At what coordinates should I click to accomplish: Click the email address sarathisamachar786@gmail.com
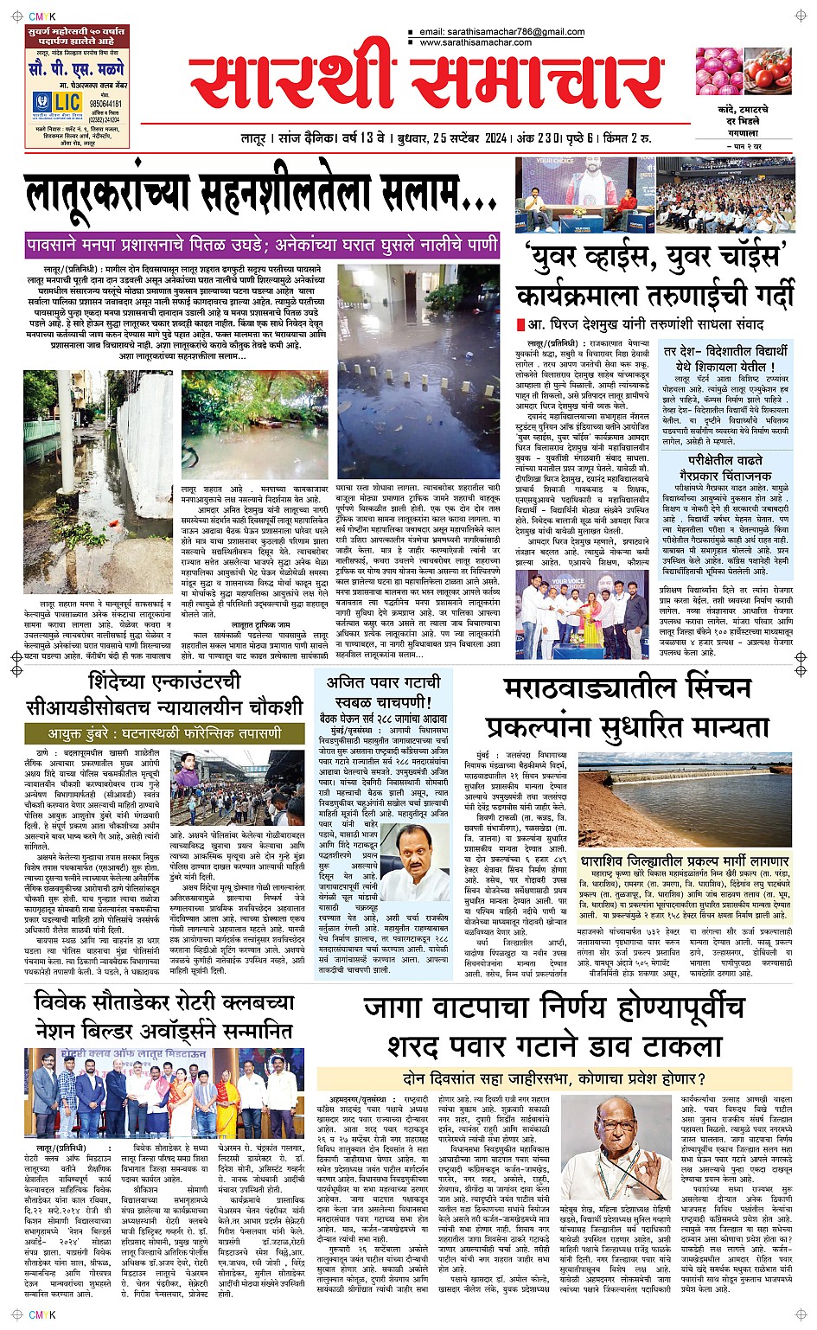click(x=501, y=32)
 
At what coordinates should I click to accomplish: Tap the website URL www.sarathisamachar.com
click(x=476, y=42)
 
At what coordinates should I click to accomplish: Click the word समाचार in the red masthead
click(x=536, y=83)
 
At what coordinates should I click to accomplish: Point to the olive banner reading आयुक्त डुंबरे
click(x=164, y=733)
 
